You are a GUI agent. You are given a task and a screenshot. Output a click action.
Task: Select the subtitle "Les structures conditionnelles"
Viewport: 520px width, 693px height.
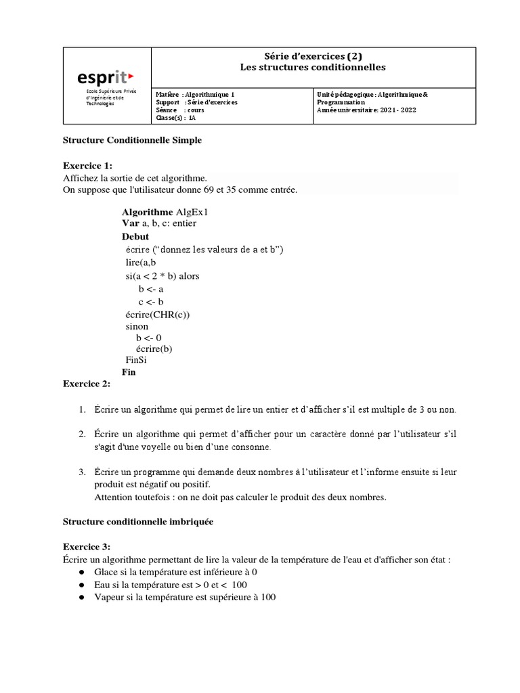click(x=312, y=67)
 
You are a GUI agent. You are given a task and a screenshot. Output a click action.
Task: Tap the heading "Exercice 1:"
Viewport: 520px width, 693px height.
click(x=88, y=165)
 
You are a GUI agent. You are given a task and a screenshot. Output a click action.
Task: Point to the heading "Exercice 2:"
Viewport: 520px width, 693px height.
click(x=87, y=384)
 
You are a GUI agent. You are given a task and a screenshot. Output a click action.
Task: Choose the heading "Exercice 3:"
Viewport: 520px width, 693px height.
click(x=87, y=547)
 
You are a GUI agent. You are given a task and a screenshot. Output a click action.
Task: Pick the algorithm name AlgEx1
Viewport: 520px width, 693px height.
click(x=192, y=212)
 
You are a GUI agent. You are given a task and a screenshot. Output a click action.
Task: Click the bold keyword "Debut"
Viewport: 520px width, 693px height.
click(x=135, y=237)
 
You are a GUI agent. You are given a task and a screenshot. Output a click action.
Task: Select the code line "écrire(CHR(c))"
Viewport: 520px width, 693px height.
click(x=158, y=314)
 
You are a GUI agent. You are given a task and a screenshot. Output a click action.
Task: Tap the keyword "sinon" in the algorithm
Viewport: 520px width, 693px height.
click(x=137, y=326)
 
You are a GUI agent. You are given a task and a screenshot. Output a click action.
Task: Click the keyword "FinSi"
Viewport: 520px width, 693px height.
click(x=136, y=360)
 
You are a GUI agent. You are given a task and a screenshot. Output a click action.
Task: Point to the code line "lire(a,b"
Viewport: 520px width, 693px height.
click(x=141, y=263)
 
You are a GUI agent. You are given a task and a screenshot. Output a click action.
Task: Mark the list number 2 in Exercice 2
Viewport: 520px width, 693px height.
click(x=81, y=434)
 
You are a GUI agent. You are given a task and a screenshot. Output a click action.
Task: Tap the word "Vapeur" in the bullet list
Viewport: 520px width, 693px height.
click(x=110, y=598)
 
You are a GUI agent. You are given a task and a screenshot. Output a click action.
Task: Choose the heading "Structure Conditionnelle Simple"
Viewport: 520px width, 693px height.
click(x=132, y=140)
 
